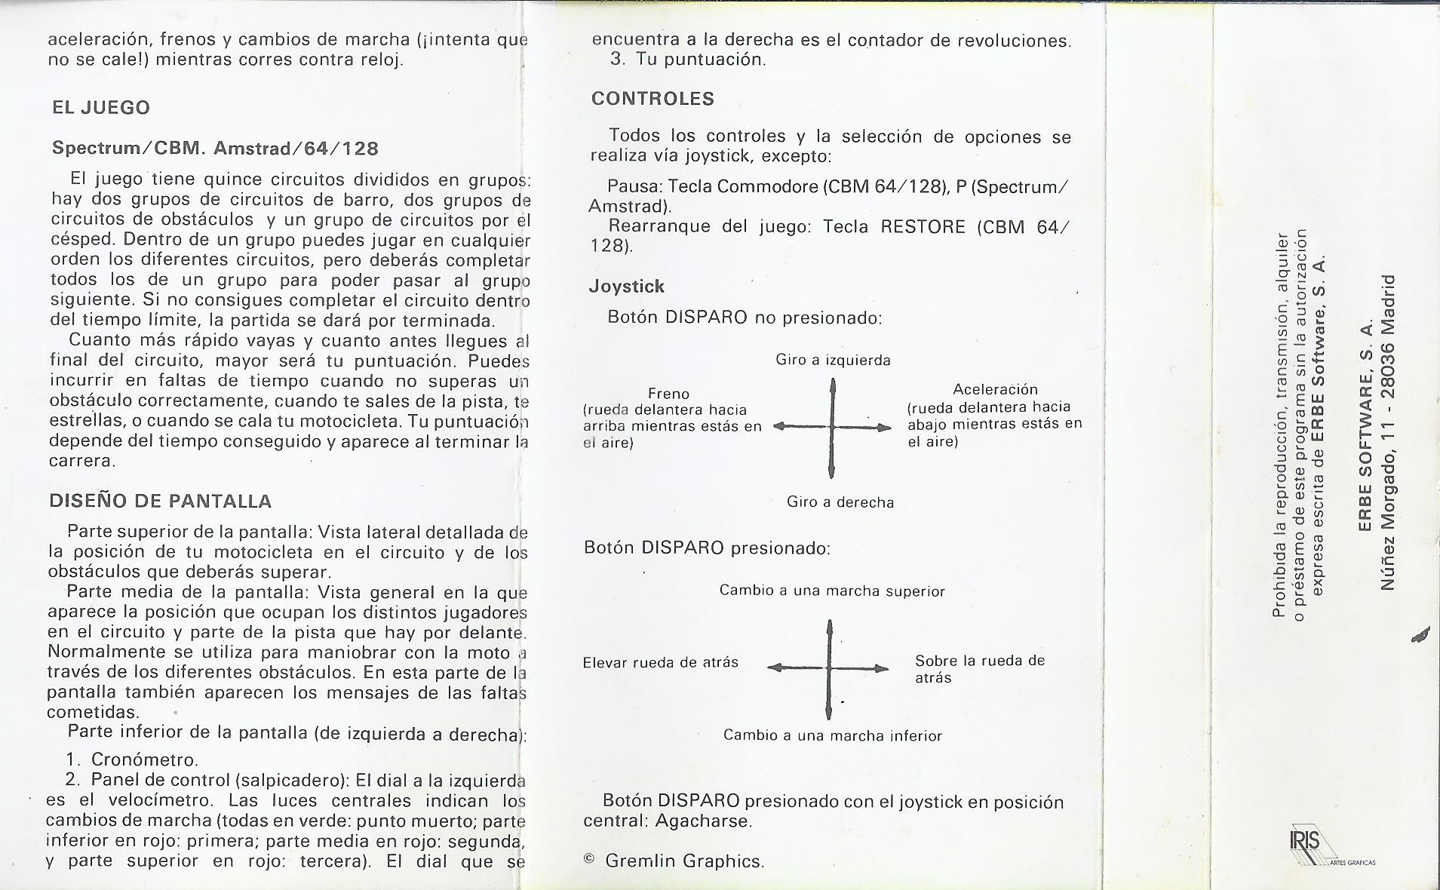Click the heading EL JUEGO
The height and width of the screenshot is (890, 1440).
(x=101, y=108)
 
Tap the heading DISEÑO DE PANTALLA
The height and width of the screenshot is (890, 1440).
(x=160, y=502)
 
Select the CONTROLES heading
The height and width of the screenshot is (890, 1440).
(x=652, y=99)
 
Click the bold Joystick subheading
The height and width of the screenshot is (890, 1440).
(x=626, y=287)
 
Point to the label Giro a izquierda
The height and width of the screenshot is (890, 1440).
(x=833, y=361)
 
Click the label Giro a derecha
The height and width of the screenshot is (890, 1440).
(x=840, y=502)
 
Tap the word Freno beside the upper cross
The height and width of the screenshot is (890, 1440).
(x=668, y=394)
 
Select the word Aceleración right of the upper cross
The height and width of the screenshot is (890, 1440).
(x=995, y=389)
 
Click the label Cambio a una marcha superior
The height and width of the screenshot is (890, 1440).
(x=831, y=591)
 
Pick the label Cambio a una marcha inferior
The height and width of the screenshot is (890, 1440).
(x=832, y=735)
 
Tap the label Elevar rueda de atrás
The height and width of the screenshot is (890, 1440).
(x=660, y=663)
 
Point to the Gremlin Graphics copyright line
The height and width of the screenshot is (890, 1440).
(x=674, y=861)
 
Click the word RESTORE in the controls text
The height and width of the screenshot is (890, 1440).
(x=923, y=227)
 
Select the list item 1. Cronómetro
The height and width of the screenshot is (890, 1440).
(x=133, y=760)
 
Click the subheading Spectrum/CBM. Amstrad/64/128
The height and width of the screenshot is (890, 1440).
(x=215, y=149)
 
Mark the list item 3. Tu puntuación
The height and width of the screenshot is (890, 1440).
(x=688, y=60)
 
